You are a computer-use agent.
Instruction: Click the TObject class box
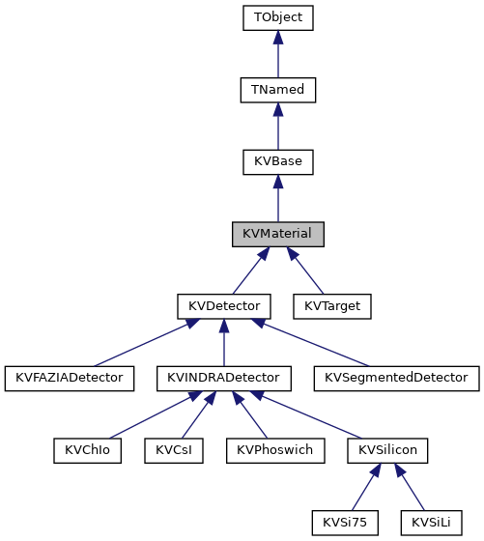(x=277, y=17)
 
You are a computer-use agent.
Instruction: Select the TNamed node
(x=277, y=90)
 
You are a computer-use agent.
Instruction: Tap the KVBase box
(x=277, y=162)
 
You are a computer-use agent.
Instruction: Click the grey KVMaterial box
(x=277, y=234)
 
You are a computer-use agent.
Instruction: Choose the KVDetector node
(x=223, y=306)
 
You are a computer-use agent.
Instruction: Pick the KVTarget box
(x=331, y=306)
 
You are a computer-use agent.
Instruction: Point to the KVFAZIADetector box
(x=70, y=378)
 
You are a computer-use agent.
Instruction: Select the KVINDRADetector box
(x=223, y=378)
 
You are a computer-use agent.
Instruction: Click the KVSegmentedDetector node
(x=396, y=378)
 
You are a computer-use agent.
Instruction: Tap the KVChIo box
(x=87, y=450)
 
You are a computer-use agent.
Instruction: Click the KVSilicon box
(x=387, y=450)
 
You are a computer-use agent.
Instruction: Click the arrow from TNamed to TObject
(x=277, y=54)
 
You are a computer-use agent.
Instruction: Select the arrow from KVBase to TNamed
(x=277, y=127)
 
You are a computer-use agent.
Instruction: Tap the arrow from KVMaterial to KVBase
(x=277, y=199)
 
